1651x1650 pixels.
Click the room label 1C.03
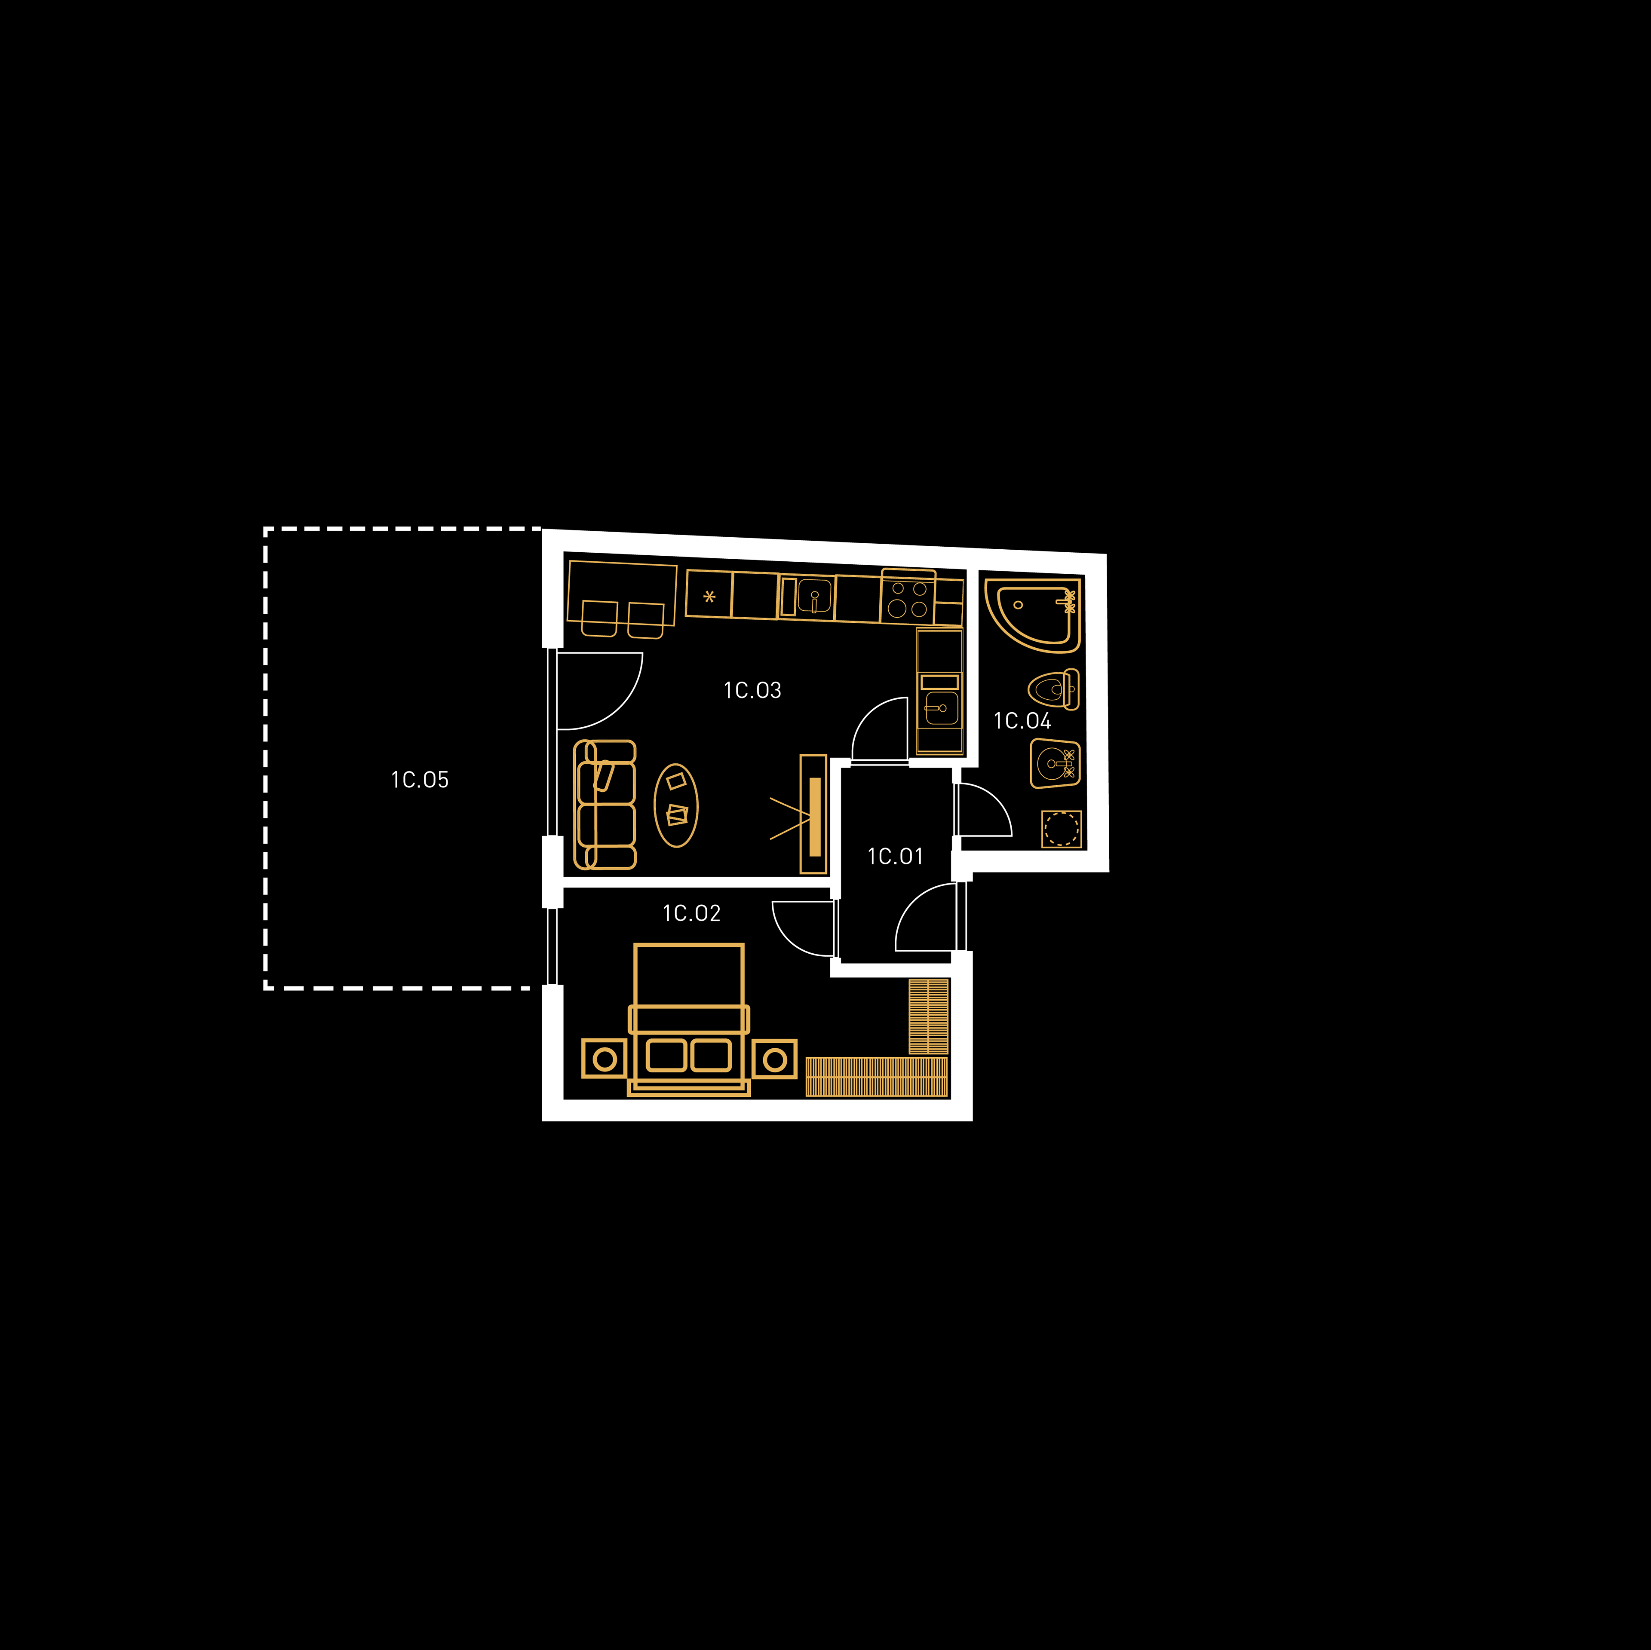(752, 690)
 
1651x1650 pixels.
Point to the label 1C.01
(895, 856)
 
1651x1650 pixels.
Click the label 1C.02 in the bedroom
(691, 913)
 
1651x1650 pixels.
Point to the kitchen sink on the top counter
(814, 597)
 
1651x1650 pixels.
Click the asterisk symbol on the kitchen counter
(709, 597)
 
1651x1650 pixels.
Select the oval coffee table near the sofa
(676, 805)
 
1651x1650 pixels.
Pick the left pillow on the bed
(666, 1055)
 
